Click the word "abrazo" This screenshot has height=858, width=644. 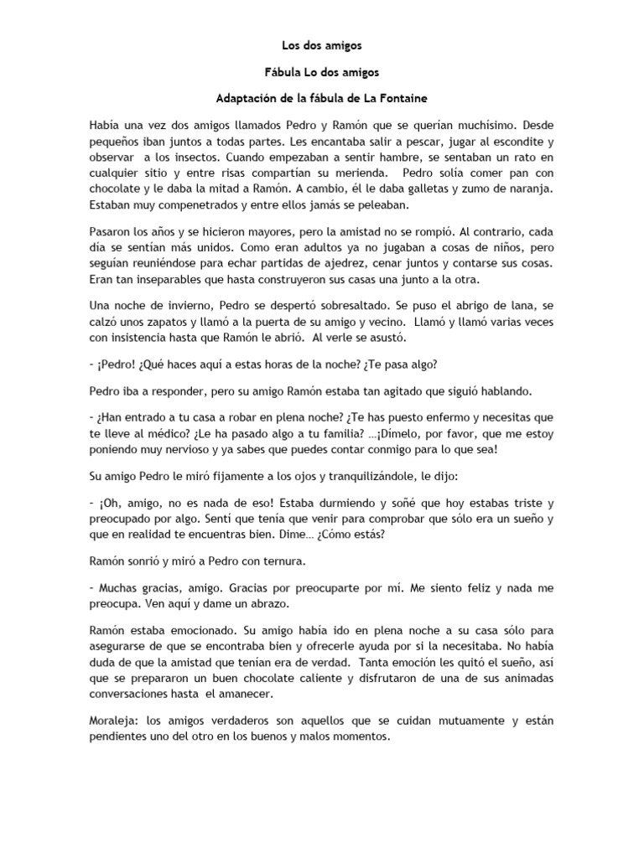(x=252, y=602)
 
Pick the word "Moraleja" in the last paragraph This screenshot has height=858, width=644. (x=114, y=721)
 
